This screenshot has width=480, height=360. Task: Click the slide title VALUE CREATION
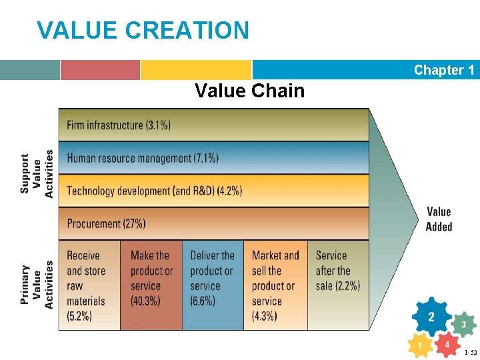click(x=143, y=30)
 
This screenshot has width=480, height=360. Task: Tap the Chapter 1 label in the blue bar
click(x=443, y=70)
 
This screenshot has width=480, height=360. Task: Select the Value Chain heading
click(x=249, y=91)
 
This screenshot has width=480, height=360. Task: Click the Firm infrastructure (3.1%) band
click(x=213, y=125)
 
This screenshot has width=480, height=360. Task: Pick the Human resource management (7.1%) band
click(x=213, y=158)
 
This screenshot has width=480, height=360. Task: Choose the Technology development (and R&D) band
click(x=213, y=191)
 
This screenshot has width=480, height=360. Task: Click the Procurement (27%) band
click(x=213, y=223)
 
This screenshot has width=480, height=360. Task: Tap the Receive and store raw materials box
click(x=89, y=285)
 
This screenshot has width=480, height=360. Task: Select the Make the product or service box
click(x=151, y=285)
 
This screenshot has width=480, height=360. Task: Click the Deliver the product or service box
click(x=213, y=285)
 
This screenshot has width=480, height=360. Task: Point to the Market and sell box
click(x=275, y=285)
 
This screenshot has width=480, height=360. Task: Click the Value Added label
click(x=439, y=219)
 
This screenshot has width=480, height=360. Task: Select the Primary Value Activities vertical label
click(x=37, y=286)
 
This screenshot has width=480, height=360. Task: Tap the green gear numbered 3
click(x=463, y=325)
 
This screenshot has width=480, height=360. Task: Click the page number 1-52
click(x=470, y=352)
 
